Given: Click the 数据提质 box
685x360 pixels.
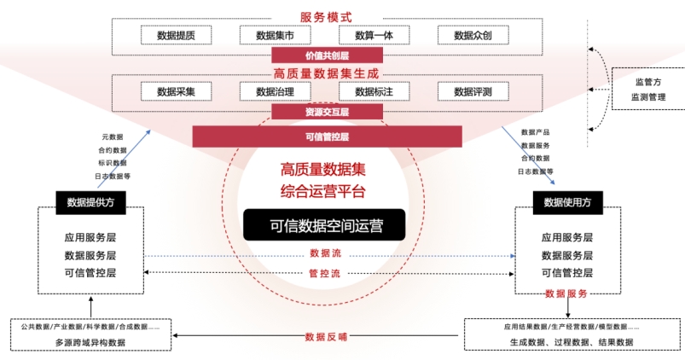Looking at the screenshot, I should (176, 35).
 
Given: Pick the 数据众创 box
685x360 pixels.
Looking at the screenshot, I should (473, 35).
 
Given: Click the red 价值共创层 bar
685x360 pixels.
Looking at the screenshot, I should (327, 55).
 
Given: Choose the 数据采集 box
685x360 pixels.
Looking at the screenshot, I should (176, 91).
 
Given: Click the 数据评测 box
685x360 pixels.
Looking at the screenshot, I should (473, 91).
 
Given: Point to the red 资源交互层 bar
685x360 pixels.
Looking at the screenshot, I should (327, 112).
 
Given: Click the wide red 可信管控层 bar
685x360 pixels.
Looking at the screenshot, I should (327, 136).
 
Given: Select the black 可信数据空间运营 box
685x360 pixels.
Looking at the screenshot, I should (327, 225).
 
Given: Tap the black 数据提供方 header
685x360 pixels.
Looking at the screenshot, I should (90, 202).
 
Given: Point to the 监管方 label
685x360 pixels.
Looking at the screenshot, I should (647, 82).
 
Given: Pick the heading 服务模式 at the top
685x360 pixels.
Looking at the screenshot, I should (326, 17).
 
